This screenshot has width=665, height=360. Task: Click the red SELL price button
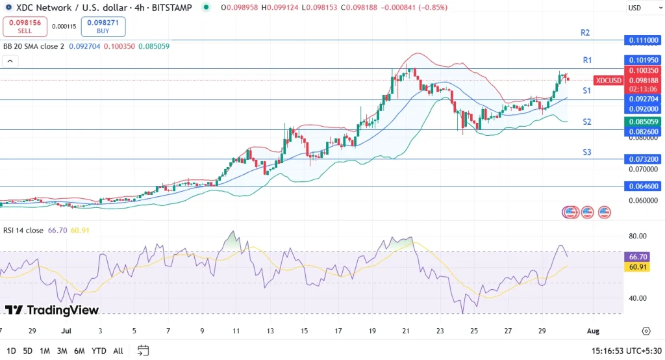pos(25,27)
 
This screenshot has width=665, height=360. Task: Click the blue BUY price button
pos(103,27)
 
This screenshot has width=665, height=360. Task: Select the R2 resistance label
pos(585,32)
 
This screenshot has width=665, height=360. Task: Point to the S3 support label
pos(586,153)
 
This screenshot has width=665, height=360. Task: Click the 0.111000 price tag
pos(642,40)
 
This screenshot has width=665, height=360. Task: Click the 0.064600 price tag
pos(642,186)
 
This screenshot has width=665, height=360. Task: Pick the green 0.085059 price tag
pos(642,122)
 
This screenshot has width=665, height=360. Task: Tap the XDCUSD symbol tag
pos(609,81)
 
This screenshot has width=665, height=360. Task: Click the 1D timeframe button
pos(12,351)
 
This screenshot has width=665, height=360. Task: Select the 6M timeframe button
pos(79,351)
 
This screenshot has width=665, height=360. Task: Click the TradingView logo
pos(52,310)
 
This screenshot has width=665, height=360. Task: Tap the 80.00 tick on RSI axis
pos(638,237)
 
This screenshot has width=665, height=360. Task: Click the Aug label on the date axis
pos(593,331)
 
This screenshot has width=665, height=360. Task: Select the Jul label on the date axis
pos(66,331)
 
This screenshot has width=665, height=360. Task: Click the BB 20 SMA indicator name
pos(34,46)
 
